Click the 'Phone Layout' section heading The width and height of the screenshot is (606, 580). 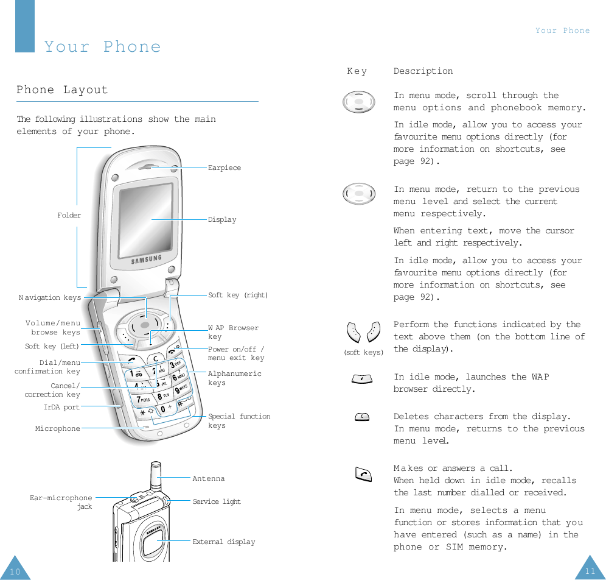click(62, 90)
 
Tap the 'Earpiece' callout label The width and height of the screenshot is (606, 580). click(224, 168)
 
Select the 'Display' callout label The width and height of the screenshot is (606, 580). click(222, 219)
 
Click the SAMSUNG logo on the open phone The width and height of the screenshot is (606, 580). click(147, 260)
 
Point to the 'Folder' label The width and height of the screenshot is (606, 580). click(69, 215)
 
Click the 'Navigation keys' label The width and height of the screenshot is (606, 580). click(50, 298)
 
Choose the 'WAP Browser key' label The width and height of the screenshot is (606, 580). click(233, 332)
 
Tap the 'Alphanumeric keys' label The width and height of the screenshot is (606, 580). click(234, 378)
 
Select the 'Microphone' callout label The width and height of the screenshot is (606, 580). click(58, 428)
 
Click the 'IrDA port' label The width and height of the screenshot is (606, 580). click(61, 407)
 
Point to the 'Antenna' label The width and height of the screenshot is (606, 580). click(208, 478)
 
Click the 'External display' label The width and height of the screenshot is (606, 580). click(223, 542)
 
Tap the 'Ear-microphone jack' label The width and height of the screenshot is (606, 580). click(61, 502)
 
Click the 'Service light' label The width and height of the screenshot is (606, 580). click(217, 501)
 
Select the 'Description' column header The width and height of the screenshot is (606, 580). click(423, 71)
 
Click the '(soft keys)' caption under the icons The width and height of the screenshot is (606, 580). click(363, 352)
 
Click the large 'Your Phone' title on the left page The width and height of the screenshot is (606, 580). click(103, 47)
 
